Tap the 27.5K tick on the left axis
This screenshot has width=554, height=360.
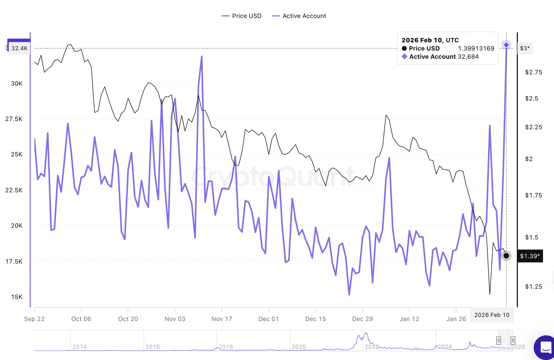click(14, 119)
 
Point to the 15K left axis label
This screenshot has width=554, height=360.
click(17, 297)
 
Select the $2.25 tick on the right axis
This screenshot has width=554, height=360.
click(533, 127)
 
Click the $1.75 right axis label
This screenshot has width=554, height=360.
click(533, 195)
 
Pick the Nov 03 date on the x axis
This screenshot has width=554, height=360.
click(175, 319)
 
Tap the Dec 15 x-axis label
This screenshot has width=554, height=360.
click(316, 319)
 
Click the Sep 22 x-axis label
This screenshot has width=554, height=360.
click(34, 319)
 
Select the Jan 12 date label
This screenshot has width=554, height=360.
click(409, 319)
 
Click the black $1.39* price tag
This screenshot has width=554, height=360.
click(530, 256)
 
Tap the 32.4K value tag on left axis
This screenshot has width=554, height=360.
click(19, 48)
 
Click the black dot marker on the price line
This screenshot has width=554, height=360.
click(506, 256)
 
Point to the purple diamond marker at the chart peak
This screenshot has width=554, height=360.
click(506, 45)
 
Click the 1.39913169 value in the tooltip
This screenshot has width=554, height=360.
click(476, 48)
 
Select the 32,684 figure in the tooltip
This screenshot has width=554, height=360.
click(468, 57)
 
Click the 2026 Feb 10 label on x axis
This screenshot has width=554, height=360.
click(492, 315)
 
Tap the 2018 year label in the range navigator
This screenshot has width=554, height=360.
click(226, 347)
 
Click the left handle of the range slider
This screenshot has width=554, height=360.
click(498, 340)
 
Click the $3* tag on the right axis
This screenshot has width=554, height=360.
click(525, 48)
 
